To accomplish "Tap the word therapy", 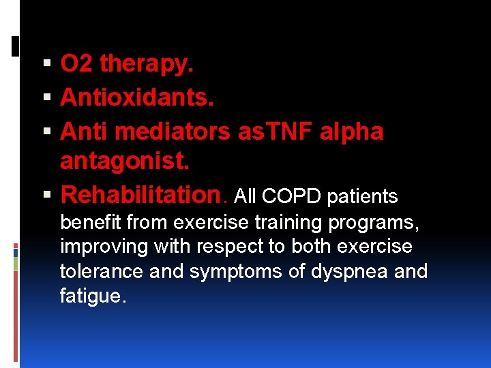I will coord(147,65).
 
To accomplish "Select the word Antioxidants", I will coord(137,97).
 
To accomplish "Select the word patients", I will coord(362,197).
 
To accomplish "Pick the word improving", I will coord(100,247).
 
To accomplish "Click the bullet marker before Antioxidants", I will coord(46,97).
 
